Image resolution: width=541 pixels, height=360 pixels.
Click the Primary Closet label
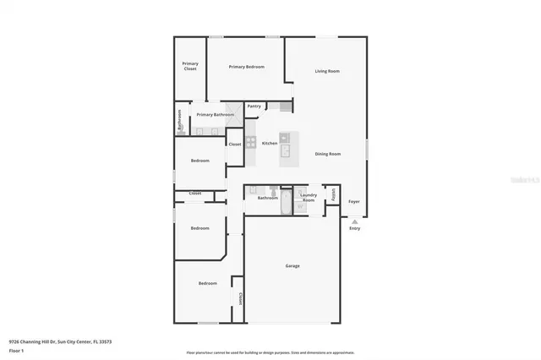point(190,66)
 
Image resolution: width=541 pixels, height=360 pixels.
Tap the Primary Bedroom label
point(246,67)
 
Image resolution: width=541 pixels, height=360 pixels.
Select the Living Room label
point(327,71)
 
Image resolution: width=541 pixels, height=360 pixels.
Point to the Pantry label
point(254,106)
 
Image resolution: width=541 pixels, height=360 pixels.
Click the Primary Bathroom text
point(215,114)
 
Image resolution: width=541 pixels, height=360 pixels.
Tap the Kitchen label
point(270,143)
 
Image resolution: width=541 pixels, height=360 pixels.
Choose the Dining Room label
point(327,154)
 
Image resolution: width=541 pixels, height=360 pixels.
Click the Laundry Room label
point(309,198)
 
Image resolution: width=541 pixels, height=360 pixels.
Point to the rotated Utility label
point(333,195)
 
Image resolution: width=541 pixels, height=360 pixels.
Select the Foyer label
point(354,201)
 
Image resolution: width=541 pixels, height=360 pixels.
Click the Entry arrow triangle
point(354,221)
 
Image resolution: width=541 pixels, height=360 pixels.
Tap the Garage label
point(292,265)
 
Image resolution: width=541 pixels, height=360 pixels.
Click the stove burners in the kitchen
point(250,143)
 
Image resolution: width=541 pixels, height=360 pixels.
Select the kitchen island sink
point(285,150)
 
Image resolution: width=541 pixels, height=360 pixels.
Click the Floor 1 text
point(16,349)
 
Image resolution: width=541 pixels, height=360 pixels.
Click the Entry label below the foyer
point(354,228)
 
